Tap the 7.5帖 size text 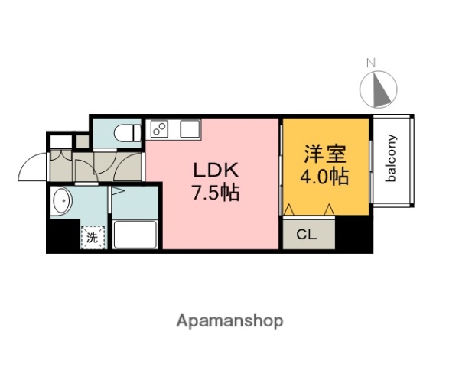pos(215,192)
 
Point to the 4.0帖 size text pos(324,177)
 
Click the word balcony pos(391,158)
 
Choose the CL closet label pos(308,234)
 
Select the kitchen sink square pos(189,128)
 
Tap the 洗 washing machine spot pos(92,237)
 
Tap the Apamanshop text pos(229,320)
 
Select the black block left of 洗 pos(63,237)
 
